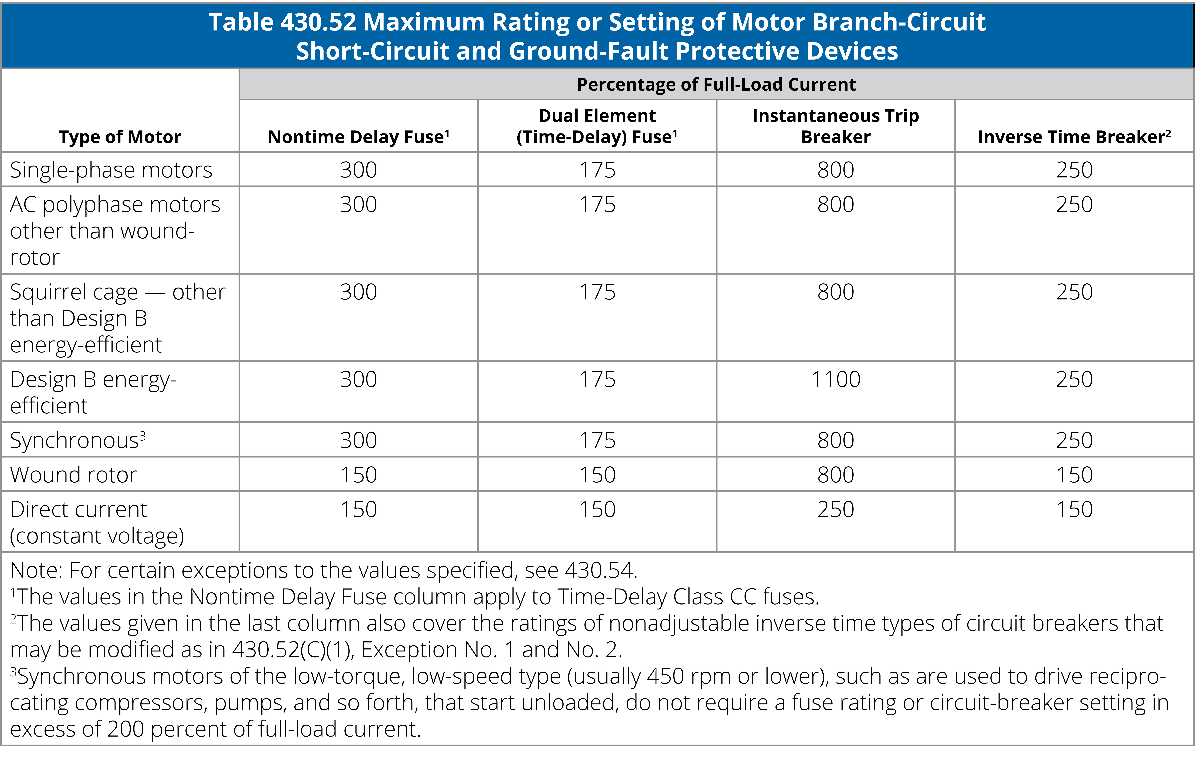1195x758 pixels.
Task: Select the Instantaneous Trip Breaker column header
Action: [x=836, y=126]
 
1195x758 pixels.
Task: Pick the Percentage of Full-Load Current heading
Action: [x=716, y=84]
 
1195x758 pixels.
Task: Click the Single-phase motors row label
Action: [x=111, y=170]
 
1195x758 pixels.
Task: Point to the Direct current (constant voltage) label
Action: [x=97, y=522]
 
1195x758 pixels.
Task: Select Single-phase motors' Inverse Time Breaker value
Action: [x=1074, y=170]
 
